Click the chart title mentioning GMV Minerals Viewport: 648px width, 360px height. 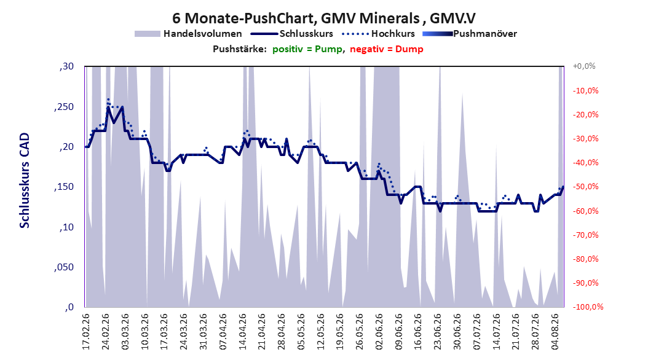[x=323, y=18]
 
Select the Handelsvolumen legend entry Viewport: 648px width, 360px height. [x=188, y=34]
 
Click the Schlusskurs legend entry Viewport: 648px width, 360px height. [x=292, y=34]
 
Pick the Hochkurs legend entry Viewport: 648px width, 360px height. [x=378, y=34]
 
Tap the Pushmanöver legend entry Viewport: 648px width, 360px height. [x=470, y=34]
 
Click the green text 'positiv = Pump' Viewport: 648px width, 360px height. [x=307, y=49]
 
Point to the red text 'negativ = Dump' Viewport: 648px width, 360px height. [x=387, y=49]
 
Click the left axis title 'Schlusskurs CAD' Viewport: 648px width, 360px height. [x=25, y=181]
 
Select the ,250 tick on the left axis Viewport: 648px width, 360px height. [x=64, y=106]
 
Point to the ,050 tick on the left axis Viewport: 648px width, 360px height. [x=64, y=267]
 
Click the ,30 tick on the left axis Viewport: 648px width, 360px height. [x=66, y=66]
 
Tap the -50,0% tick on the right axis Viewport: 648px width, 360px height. [x=585, y=187]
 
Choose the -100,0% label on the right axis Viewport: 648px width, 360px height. [x=588, y=307]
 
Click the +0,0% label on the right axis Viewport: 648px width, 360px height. [x=584, y=66]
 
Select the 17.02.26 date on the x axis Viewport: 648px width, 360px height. [x=86, y=332]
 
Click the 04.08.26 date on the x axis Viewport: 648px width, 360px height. [x=555, y=332]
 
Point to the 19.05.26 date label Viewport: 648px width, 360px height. [x=340, y=332]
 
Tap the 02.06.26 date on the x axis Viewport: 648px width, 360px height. [x=379, y=332]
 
